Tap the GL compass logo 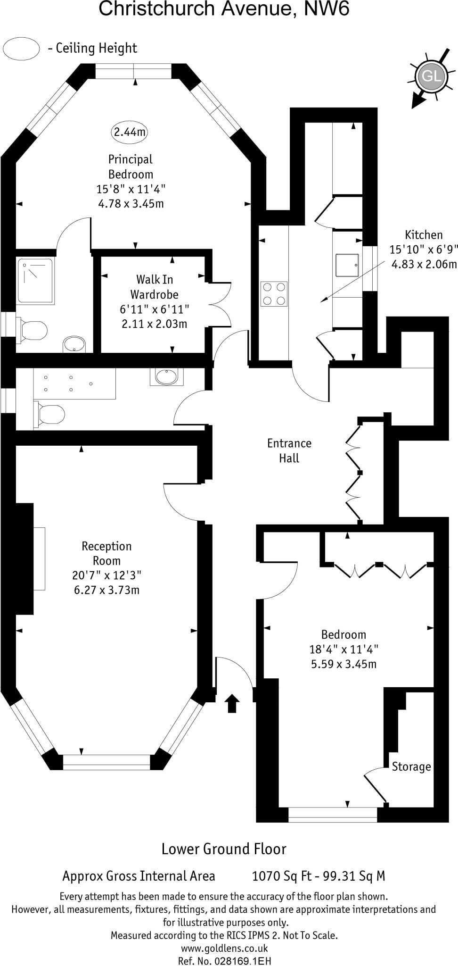coord(431,76)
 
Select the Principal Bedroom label coord(131,167)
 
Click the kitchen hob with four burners coord(274,294)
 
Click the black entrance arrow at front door coord(231,703)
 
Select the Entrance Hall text coord(289,450)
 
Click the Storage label coord(411,766)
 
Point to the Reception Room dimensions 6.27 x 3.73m coord(106,590)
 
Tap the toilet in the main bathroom coord(49,414)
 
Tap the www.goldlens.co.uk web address coord(224,948)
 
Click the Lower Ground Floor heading coord(224,849)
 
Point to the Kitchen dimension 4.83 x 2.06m coord(424,264)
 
